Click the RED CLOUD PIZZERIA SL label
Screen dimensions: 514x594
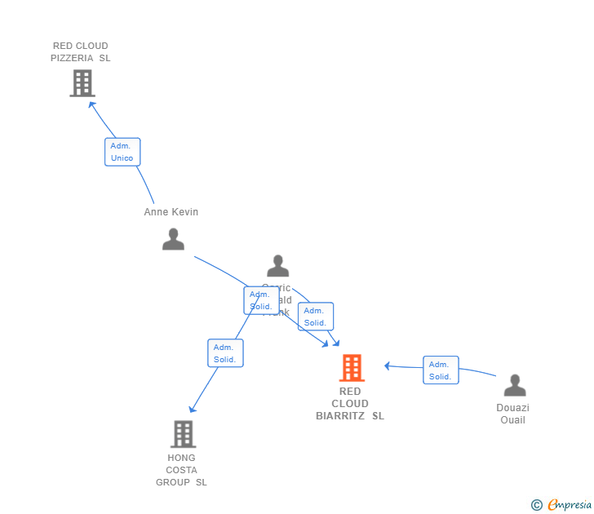click(x=80, y=52)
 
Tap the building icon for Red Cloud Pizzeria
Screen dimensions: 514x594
click(x=82, y=83)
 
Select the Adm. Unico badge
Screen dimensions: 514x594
click(x=122, y=152)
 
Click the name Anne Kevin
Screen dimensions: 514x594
click(x=171, y=212)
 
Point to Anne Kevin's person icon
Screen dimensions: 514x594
click(x=173, y=239)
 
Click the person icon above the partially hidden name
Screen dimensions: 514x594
click(x=278, y=266)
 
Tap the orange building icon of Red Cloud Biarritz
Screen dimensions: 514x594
click(x=352, y=368)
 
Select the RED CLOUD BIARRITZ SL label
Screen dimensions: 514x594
click(x=350, y=404)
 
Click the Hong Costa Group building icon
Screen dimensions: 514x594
click(x=184, y=433)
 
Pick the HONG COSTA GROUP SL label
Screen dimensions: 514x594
click(x=181, y=470)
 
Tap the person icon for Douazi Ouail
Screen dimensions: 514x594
click(x=515, y=385)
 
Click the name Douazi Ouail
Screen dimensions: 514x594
click(x=512, y=414)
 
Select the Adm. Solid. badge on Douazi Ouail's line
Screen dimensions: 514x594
click(x=441, y=370)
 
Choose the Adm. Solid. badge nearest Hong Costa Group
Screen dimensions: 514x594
click(x=225, y=353)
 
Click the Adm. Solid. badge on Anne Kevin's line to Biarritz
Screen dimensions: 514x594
click(x=261, y=300)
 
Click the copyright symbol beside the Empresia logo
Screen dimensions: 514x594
click(x=537, y=506)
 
